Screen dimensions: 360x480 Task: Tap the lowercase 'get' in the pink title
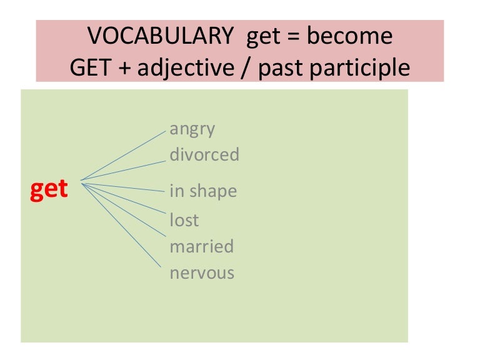[263, 37]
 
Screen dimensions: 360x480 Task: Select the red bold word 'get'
[49, 189]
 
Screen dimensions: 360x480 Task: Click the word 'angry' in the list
[192, 129]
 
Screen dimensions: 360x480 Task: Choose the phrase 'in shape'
[203, 191]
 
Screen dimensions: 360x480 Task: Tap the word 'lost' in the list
[184, 219]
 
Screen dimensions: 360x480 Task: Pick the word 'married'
[201, 246]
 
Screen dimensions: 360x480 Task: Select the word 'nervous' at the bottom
[202, 272]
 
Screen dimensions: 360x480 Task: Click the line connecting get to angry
[124, 156]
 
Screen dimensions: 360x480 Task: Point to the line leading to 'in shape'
[124, 185]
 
